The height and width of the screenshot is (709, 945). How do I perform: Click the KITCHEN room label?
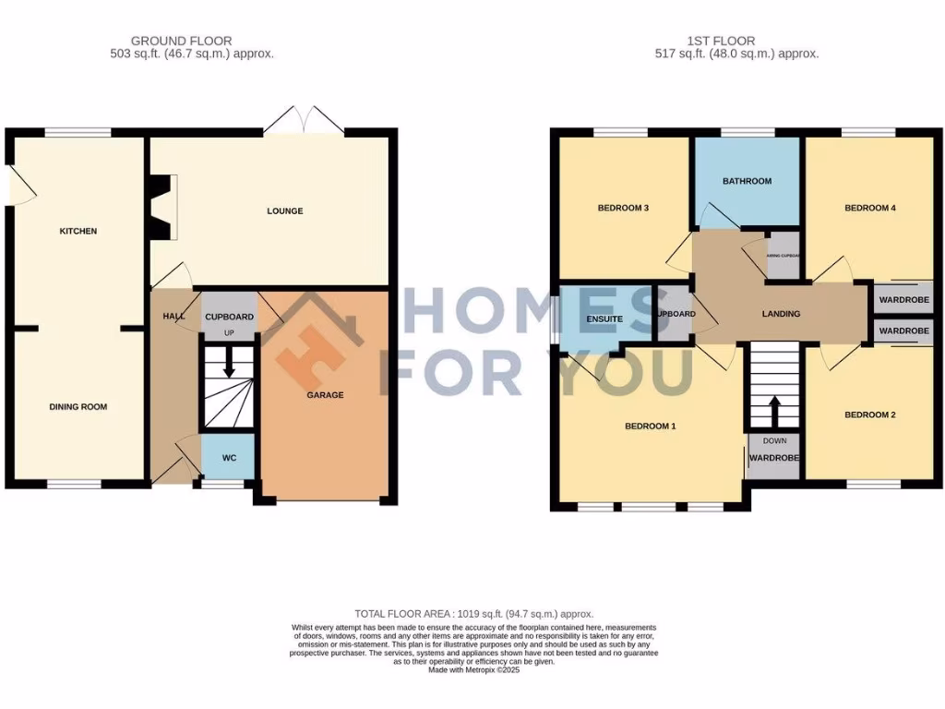click(78, 231)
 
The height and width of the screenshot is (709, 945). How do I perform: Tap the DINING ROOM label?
click(78, 406)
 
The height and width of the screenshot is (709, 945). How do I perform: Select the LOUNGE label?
click(285, 211)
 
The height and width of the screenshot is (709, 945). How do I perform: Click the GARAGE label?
click(325, 395)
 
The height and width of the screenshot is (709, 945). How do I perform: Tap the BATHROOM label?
click(747, 181)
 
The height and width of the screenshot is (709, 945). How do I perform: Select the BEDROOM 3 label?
click(623, 208)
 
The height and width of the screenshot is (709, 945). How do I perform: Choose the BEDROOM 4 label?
click(870, 208)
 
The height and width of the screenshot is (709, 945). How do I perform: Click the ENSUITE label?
click(604, 319)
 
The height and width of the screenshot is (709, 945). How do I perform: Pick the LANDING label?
click(781, 314)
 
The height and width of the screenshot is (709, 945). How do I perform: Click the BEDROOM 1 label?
click(651, 427)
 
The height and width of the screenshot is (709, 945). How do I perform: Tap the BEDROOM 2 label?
click(870, 415)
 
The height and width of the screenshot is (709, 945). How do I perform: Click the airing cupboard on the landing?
click(784, 256)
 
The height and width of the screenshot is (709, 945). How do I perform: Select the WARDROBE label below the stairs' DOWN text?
click(773, 458)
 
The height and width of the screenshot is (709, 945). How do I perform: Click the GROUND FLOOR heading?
click(181, 41)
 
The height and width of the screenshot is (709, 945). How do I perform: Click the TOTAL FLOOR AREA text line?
click(473, 614)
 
